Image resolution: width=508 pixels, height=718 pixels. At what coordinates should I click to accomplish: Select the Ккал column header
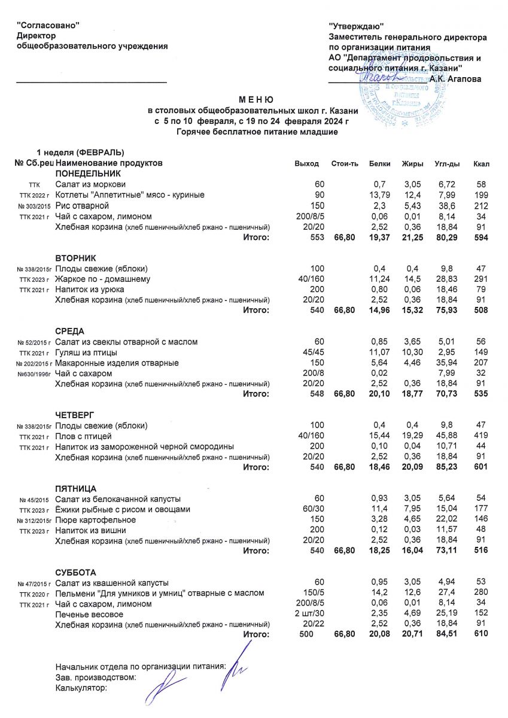480,163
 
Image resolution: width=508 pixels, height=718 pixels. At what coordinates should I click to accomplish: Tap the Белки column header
380,163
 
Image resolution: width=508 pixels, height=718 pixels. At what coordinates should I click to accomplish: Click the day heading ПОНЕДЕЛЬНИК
88,173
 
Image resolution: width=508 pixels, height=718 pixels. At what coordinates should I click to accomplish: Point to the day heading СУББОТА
75,573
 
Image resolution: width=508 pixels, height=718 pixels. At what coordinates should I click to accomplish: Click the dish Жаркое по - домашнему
102,279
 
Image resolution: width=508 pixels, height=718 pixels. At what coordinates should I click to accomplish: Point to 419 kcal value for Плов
480,436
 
